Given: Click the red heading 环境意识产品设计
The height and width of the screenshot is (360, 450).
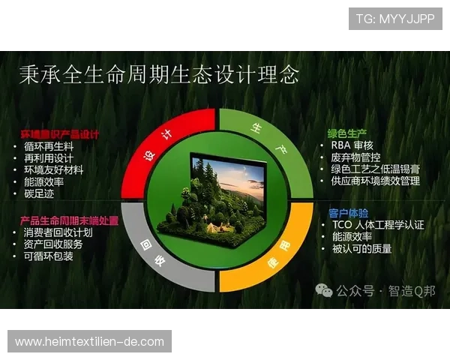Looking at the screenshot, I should tap(59, 135).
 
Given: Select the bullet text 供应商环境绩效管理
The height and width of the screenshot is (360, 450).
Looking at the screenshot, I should tap(375, 181).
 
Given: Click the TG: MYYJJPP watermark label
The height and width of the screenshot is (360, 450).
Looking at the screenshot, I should tap(394, 19).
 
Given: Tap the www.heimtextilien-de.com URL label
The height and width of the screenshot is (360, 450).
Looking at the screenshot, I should tap(89, 342).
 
